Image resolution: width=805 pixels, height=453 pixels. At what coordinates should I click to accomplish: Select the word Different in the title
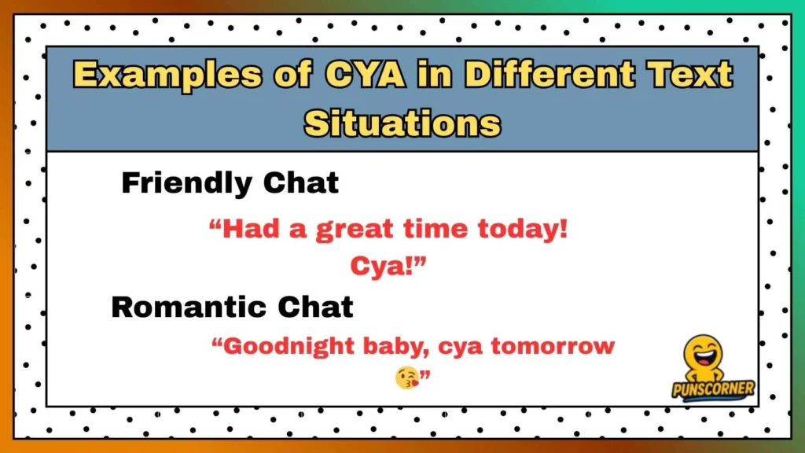click(551, 75)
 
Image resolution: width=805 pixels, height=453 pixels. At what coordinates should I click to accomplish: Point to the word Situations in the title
click(402, 123)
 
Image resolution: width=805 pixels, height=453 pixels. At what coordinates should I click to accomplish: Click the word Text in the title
click(689, 75)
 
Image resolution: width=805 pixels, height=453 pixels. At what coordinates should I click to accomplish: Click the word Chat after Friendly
click(300, 184)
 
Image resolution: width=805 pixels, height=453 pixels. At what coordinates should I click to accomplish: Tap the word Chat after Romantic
click(314, 307)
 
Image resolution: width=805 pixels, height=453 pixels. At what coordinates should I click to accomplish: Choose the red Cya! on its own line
click(388, 267)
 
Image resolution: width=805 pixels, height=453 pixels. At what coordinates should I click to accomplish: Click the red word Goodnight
click(286, 346)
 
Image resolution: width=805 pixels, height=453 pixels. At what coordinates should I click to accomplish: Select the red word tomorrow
click(558, 346)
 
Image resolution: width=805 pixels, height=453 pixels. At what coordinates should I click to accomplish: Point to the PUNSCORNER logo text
click(713, 389)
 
